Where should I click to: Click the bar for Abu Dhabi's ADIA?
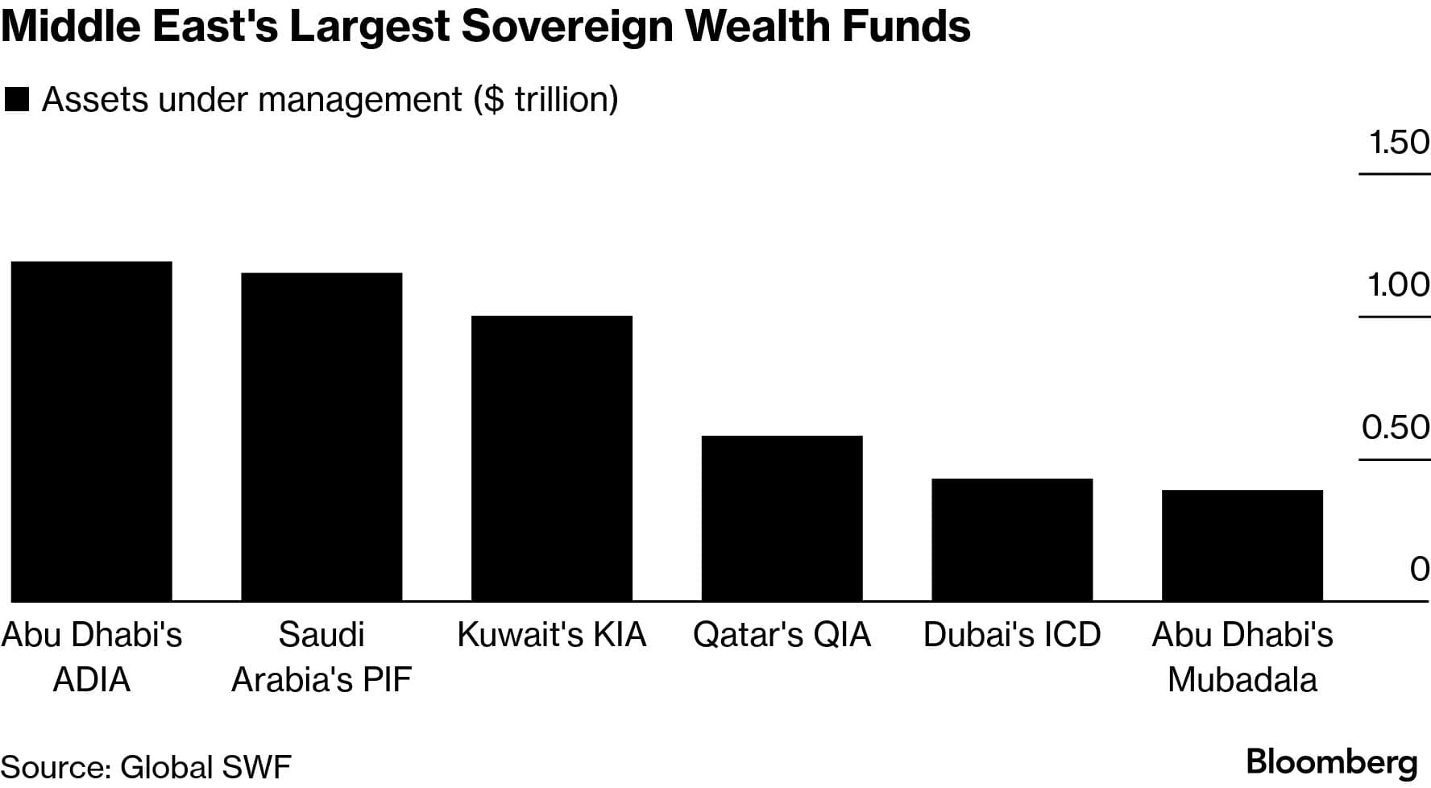click(x=91, y=431)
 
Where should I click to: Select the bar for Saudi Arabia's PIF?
click(x=321, y=437)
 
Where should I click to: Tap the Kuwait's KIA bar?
click(x=552, y=458)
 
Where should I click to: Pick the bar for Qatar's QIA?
click(x=782, y=518)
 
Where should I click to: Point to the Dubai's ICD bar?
click(x=1012, y=539)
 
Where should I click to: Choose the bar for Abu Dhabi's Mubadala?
click(x=1242, y=545)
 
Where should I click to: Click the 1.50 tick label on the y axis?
click(x=1399, y=143)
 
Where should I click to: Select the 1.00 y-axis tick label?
click(x=1399, y=285)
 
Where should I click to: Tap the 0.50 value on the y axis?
click(x=1396, y=428)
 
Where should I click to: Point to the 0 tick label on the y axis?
click(x=1420, y=570)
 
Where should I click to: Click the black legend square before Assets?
click(x=17, y=100)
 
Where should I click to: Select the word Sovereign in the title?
click(x=566, y=26)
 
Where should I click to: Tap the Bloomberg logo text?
click(x=1331, y=761)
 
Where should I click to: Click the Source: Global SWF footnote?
click(x=146, y=767)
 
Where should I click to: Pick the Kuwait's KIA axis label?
click(x=552, y=635)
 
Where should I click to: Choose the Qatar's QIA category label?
click(x=782, y=635)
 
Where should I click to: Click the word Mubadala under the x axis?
click(x=1242, y=680)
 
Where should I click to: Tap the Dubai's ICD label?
click(x=1012, y=635)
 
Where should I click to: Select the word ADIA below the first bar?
click(x=91, y=680)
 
